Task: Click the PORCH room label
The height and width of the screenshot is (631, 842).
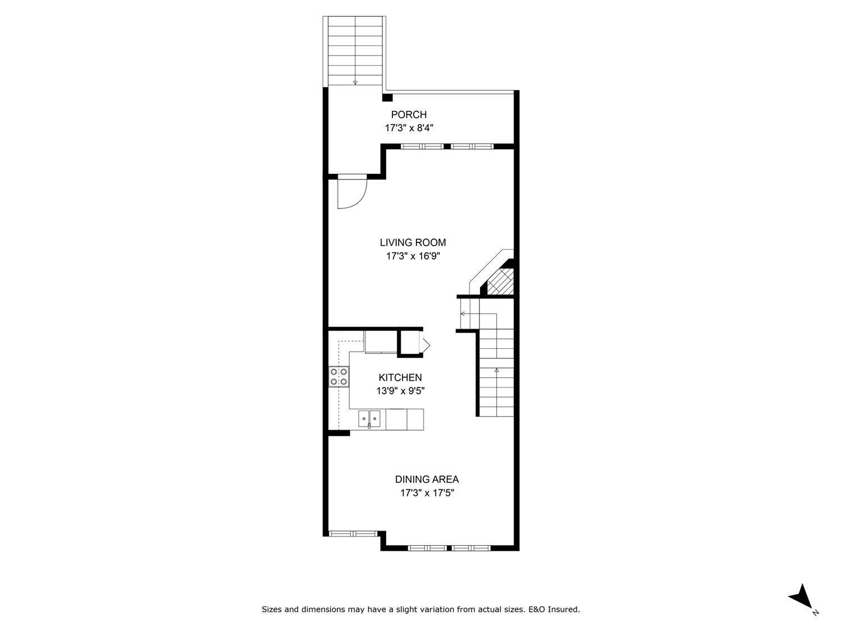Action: tap(409, 115)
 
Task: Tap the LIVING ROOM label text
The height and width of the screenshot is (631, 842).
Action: tap(413, 243)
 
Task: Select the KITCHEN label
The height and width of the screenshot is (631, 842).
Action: tap(400, 378)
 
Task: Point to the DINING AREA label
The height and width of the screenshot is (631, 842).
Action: tap(427, 480)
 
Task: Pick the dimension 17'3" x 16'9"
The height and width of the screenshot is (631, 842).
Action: tap(413, 256)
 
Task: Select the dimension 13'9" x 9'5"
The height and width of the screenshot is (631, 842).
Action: tap(400, 391)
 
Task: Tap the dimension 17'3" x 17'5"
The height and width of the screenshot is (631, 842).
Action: tap(427, 493)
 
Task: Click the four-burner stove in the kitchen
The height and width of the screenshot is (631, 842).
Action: tap(338, 376)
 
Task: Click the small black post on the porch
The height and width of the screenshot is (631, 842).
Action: tap(387, 98)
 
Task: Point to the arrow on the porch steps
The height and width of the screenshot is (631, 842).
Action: tap(355, 82)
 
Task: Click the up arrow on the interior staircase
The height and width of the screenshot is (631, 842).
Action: tap(496, 370)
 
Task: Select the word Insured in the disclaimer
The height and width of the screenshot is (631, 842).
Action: tap(564, 609)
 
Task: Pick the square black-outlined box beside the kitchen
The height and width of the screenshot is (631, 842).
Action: tap(410, 343)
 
